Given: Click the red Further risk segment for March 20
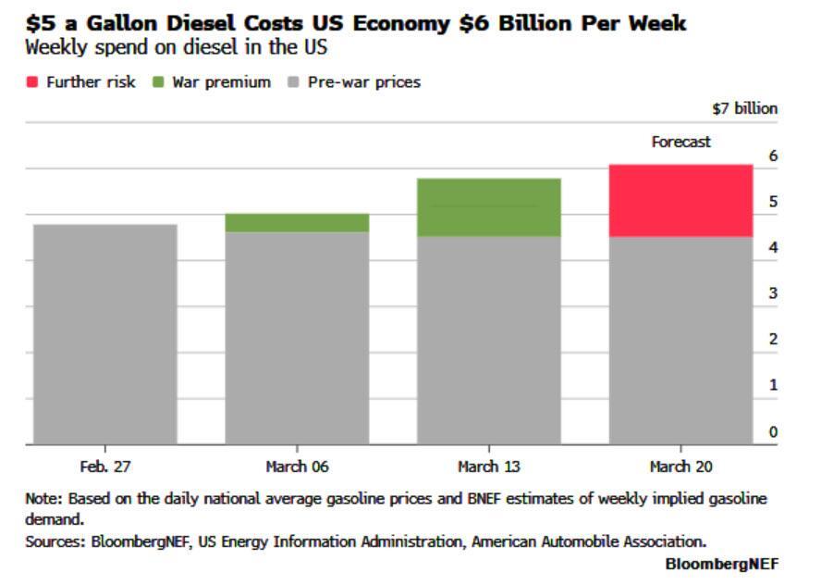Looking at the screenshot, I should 681,201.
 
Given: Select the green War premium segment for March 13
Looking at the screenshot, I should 489,207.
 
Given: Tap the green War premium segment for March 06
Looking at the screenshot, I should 297,223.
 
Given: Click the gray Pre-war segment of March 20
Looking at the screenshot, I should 681,341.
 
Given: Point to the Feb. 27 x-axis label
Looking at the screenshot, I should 104,467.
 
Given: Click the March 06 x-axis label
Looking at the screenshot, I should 297,467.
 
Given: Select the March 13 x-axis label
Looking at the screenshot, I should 489,467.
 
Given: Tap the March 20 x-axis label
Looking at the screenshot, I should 681,467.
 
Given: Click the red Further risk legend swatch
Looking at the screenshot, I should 31,82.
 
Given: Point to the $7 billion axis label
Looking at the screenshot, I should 744,108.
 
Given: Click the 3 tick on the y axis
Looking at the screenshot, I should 773,293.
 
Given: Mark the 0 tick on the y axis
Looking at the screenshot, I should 773,431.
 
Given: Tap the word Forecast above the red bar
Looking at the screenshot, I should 681,143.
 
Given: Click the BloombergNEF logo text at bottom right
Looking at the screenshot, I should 721,564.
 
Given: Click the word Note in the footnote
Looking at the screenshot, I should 43,498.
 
